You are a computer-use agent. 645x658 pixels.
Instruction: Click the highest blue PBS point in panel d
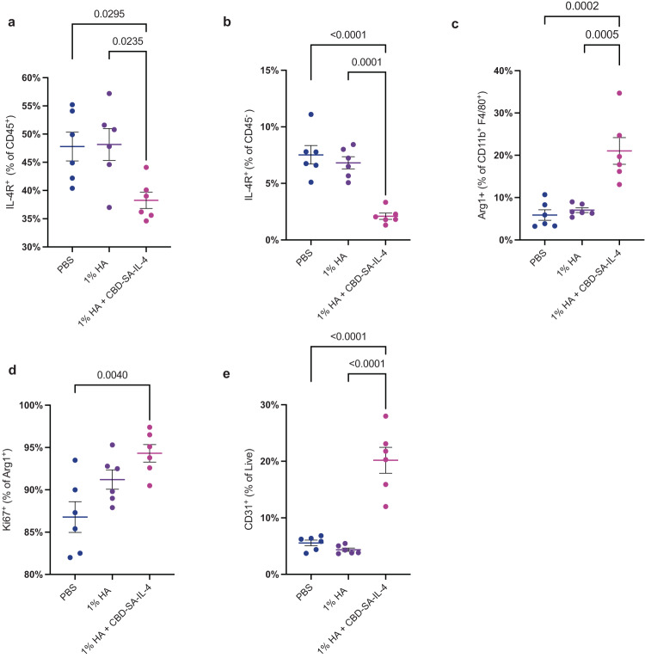[74, 460]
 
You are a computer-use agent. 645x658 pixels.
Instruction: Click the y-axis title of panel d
[9, 490]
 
